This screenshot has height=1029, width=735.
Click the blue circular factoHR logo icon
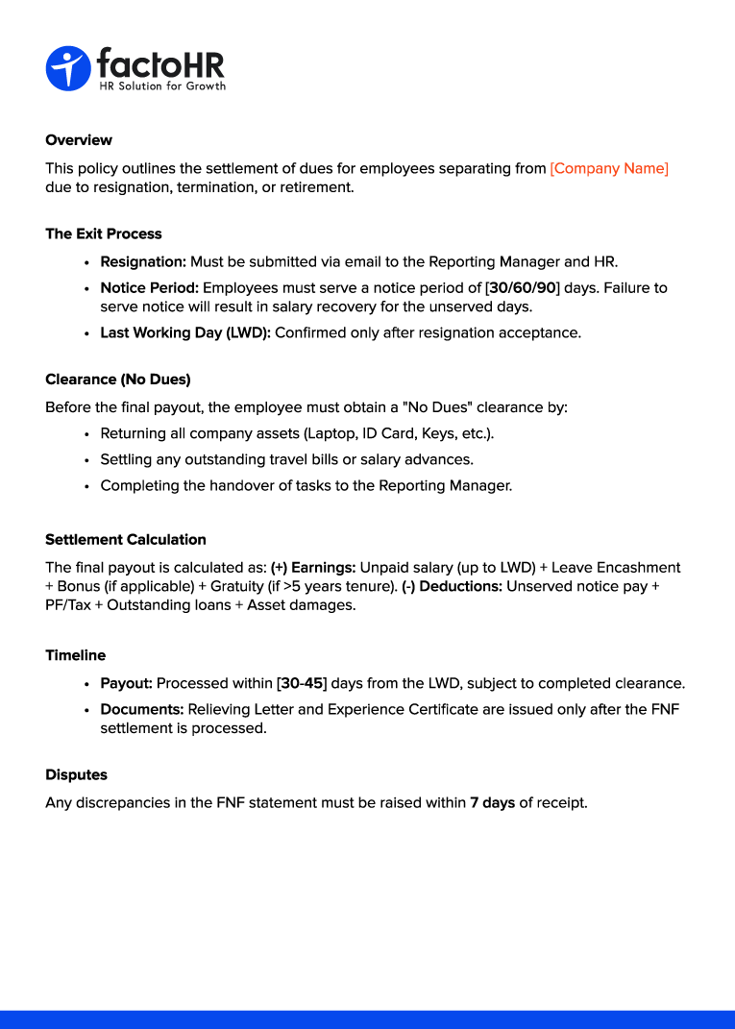[67, 68]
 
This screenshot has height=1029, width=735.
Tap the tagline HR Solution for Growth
[162, 86]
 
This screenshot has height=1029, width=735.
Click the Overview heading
[79, 140]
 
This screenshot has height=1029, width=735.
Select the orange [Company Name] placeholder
[609, 168]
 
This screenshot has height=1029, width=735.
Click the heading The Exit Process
[104, 233]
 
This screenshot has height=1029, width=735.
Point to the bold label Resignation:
[143, 261]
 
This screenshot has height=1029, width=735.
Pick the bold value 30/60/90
[523, 287]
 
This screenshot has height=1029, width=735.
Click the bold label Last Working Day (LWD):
[185, 332]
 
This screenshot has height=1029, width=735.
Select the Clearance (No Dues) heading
[118, 380]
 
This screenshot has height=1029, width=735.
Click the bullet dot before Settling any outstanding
[87, 460]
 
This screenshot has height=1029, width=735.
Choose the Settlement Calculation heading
[126, 540]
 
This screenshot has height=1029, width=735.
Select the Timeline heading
[76, 655]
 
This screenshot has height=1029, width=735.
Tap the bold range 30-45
[302, 684]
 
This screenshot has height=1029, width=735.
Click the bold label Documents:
[142, 710]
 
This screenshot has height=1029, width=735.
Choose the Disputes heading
[77, 774]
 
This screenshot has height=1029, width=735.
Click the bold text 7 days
[492, 802]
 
